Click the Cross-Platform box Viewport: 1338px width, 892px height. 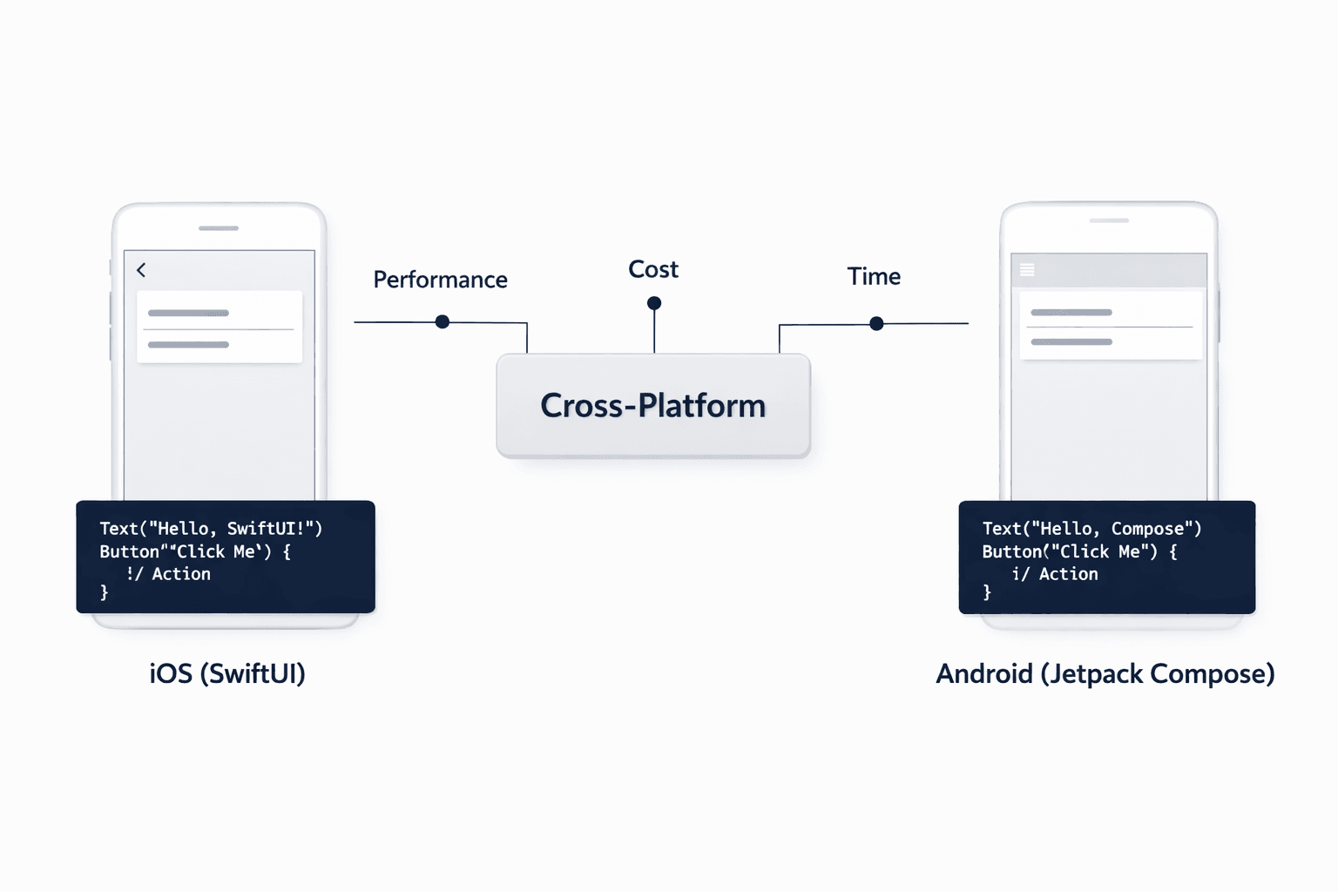(653, 406)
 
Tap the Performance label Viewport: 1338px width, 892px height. (440, 280)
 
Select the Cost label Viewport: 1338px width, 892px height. (653, 270)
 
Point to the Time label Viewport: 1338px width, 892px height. (874, 277)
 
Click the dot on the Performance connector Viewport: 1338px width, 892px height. (443, 322)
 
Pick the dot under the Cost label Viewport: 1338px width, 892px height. (654, 303)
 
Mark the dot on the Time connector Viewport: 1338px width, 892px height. (876, 324)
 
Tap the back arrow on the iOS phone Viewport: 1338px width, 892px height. (141, 270)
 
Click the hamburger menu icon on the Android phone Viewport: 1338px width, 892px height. (1027, 270)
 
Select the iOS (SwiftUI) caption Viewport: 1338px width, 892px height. (227, 673)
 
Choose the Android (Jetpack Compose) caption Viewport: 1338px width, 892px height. (1105, 673)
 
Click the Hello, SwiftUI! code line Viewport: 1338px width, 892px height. (211, 529)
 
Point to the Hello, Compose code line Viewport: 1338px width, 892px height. (1091, 529)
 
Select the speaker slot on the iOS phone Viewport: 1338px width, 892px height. (219, 228)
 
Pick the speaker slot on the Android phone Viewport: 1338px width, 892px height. (1109, 220)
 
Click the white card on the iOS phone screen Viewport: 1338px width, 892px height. (220, 327)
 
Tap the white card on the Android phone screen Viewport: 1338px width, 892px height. (1111, 326)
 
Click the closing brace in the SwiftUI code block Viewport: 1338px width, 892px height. (105, 593)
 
